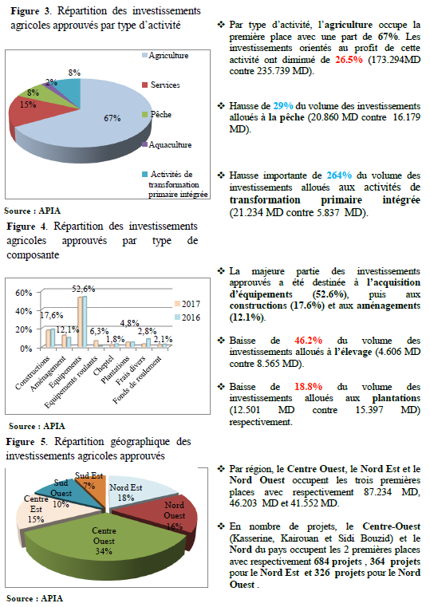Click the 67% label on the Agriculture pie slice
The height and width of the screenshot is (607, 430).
[112, 118]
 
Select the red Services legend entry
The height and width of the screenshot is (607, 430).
[160, 85]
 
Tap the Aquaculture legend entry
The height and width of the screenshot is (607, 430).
[167, 145]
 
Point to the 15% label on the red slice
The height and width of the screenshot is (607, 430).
[28, 104]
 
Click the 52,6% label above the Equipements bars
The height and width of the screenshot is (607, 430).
[83, 289]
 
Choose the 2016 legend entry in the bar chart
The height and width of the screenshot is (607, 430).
[187, 317]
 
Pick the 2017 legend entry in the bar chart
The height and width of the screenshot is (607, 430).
[187, 304]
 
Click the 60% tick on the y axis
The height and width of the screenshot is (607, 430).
[24, 293]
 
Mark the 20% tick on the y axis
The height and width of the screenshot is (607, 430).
[24, 329]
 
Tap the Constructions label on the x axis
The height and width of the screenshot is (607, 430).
[33, 372]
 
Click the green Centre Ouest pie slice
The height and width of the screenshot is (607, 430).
[104, 542]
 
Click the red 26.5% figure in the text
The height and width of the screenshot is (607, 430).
[349, 60]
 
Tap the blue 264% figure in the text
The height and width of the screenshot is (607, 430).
[339, 175]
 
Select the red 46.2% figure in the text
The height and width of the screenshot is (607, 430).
[308, 341]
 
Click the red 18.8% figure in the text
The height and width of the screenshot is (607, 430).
[308, 387]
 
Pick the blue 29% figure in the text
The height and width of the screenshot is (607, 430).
[283, 106]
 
